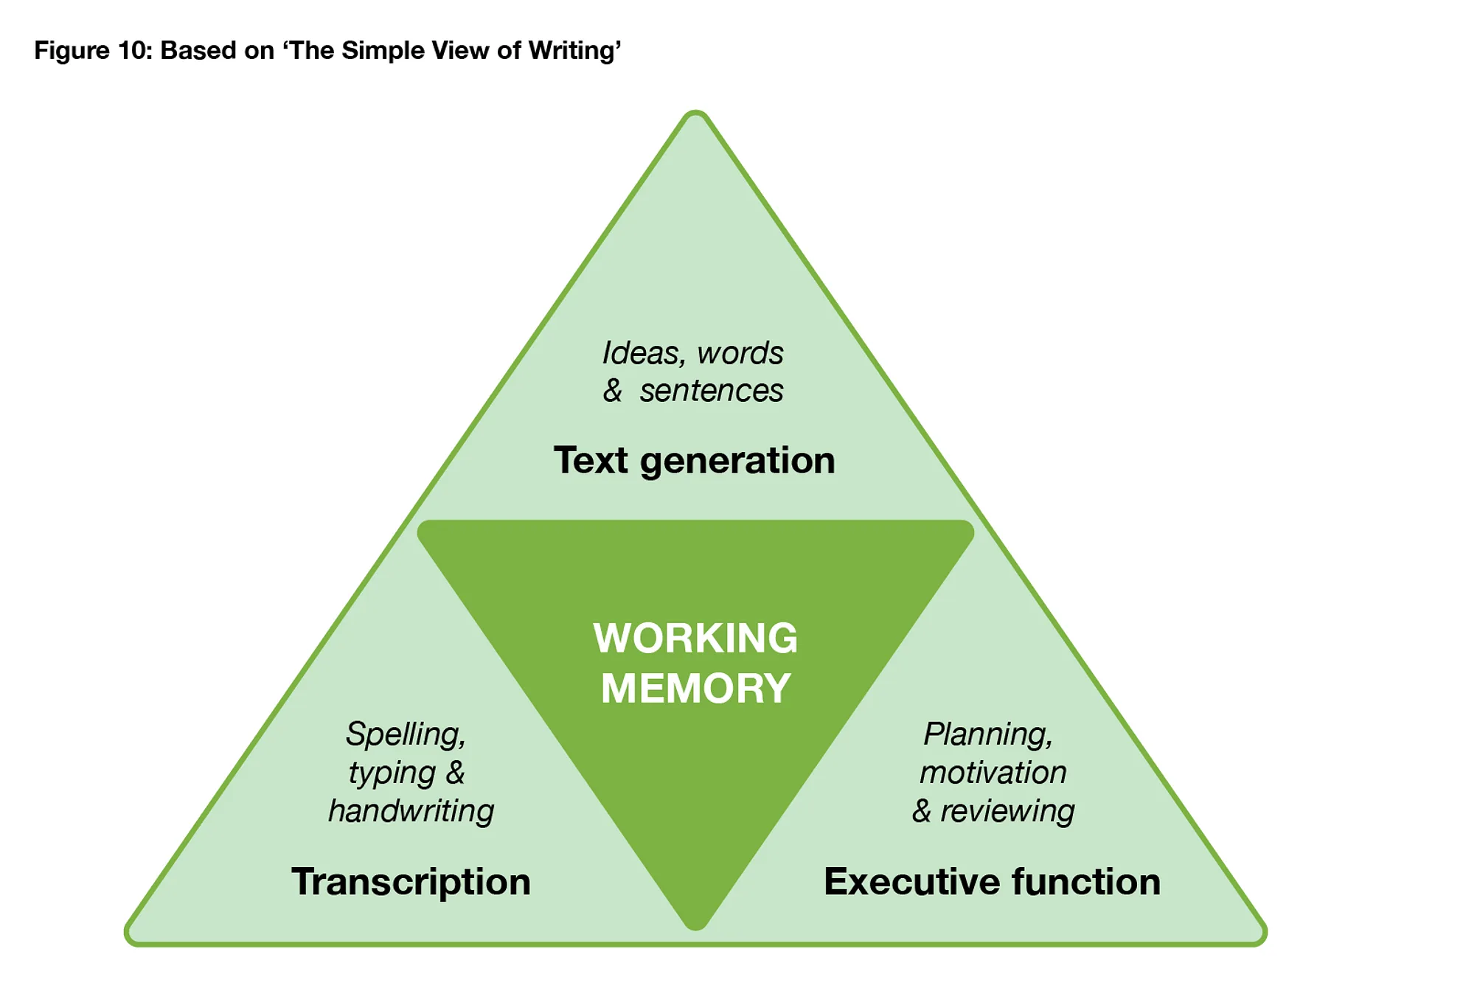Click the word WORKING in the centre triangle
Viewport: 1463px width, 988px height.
(695, 638)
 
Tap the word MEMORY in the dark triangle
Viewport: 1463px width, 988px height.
(695, 688)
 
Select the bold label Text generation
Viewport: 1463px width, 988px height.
(694, 460)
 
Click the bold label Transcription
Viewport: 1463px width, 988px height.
(411, 881)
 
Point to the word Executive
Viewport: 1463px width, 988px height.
(911, 881)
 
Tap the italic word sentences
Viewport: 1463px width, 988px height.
(711, 391)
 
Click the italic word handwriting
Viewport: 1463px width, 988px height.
(411, 811)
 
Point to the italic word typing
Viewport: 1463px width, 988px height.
(392, 773)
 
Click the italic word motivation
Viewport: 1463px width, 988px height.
(993, 773)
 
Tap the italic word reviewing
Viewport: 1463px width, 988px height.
(1007, 811)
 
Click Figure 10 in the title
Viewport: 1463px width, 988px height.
(92, 50)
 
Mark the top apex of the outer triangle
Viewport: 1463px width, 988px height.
(695, 114)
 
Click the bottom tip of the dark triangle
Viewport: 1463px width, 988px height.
(695, 925)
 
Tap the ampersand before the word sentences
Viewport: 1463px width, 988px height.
(612, 391)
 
